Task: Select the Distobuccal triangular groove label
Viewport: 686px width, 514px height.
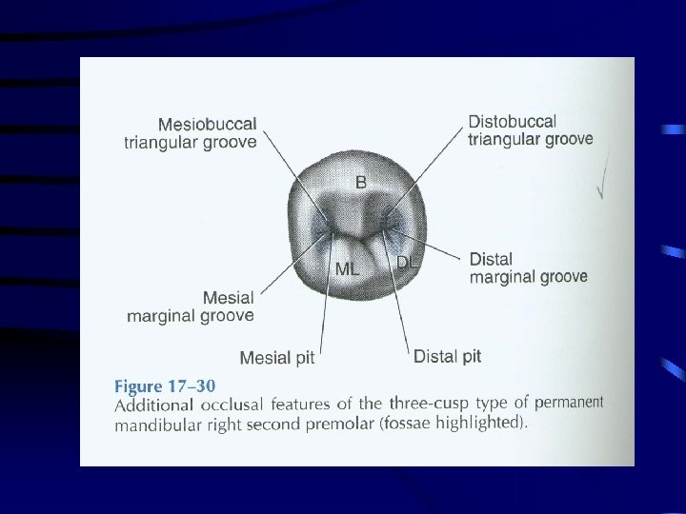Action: tap(530, 130)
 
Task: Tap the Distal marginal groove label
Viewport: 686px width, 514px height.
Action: tap(528, 268)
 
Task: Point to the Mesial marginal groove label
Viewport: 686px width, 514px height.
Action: tap(191, 306)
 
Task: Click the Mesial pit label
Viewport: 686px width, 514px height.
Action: tap(276, 359)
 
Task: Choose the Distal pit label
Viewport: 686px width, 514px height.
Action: tap(447, 357)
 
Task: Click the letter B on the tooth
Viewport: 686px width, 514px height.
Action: tap(361, 182)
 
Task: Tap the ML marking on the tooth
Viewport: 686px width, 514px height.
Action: tap(348, 269)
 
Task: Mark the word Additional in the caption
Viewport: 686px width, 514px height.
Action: tap(151, 406)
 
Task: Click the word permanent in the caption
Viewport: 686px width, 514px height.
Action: tap(568, 401)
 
